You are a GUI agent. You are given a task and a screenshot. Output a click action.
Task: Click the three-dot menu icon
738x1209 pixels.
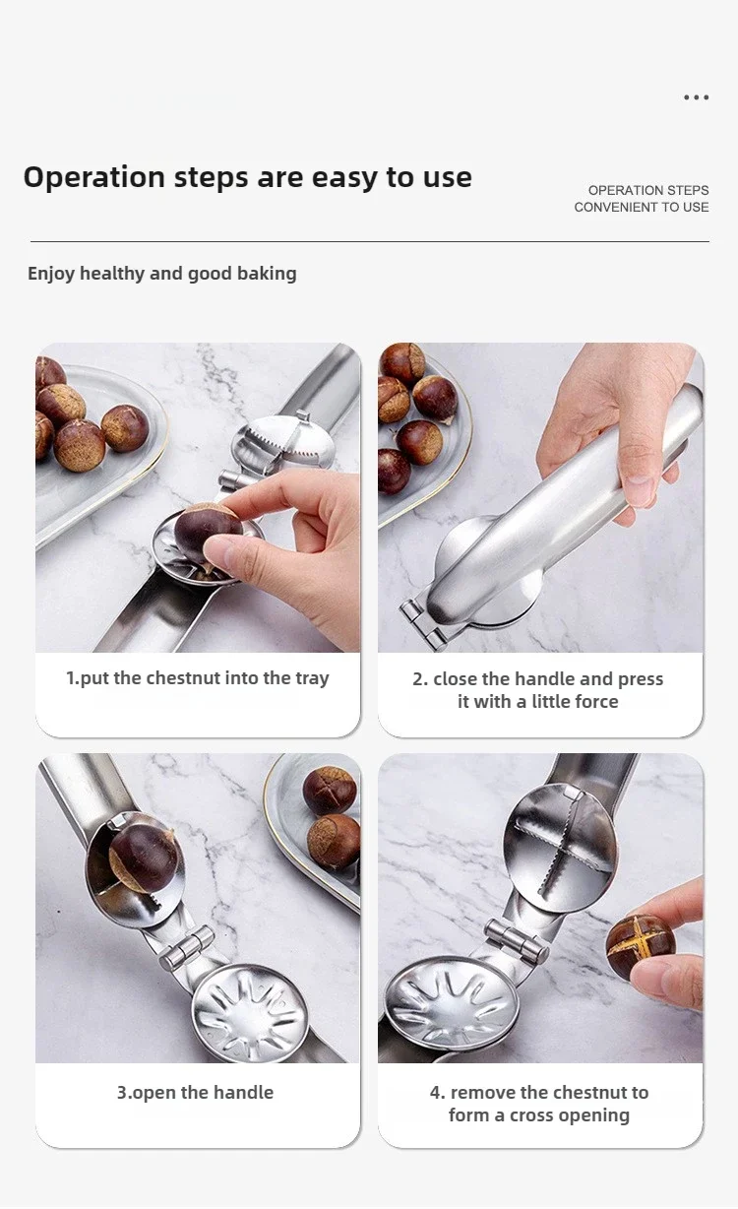[696, 97]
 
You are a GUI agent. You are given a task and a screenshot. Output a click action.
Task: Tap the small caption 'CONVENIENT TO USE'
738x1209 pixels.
[642, 207]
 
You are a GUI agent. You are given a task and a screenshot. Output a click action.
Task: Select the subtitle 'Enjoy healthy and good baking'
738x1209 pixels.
[161, 274]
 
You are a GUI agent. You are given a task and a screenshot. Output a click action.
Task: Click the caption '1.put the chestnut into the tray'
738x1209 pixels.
[197, 678]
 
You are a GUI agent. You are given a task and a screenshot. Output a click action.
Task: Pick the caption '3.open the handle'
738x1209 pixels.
[195, 1093]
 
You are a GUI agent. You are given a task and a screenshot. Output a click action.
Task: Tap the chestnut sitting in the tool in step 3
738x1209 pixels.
[144, 858]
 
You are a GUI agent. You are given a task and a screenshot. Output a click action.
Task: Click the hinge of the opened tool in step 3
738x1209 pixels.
[188, 947]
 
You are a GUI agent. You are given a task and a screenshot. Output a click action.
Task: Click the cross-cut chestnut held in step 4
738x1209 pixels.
[641, 946]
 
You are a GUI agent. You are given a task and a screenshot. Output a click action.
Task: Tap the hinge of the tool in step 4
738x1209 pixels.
[518, 940]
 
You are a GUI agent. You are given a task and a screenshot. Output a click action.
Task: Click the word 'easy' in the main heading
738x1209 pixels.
[345, 177]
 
